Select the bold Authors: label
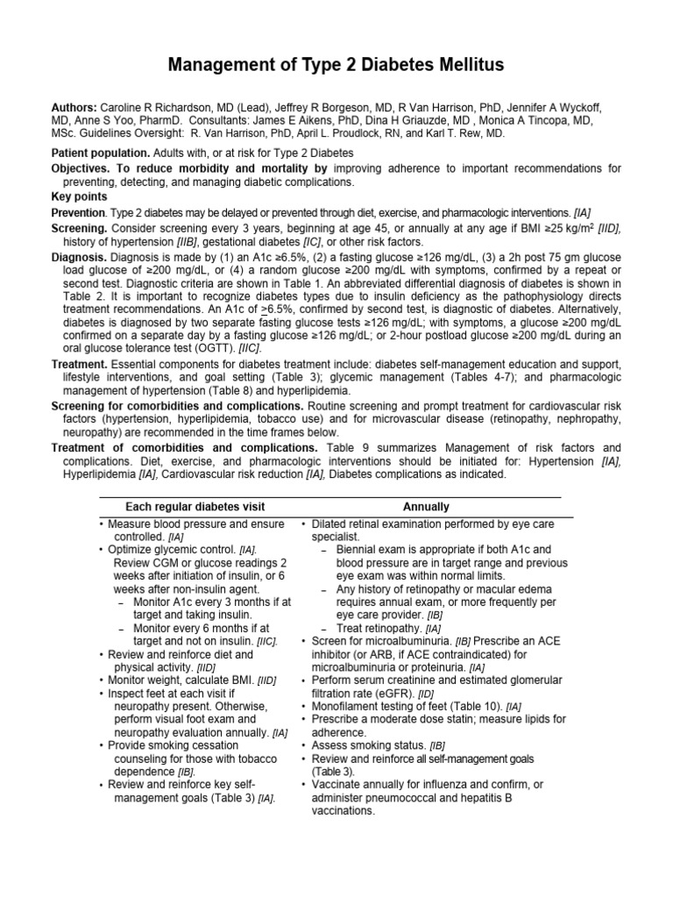click(x=75, y=107)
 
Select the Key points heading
click(x=79, y=197)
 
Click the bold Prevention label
click(x=77, y=213)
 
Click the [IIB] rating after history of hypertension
click(x=194, y=242)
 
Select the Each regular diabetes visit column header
click(x=195, y=507)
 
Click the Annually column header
click(x=426, y=507)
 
